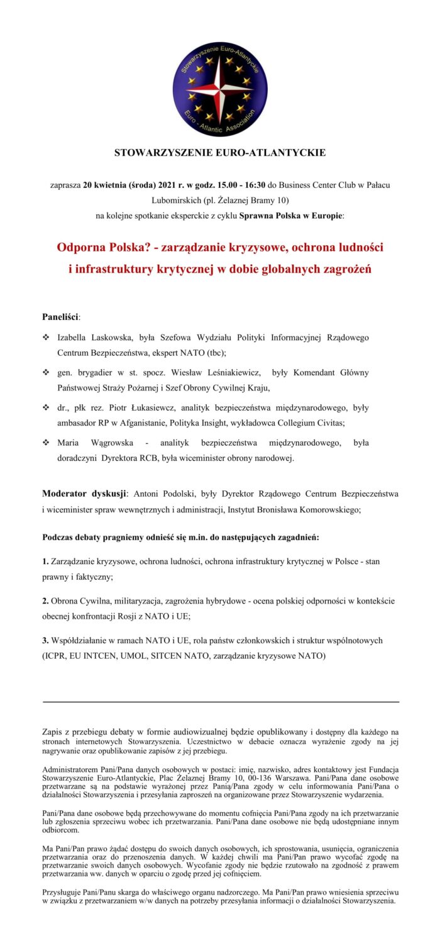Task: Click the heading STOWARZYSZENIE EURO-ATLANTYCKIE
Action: [x=220, y=153]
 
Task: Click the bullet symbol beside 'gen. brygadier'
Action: [x=46, y=373]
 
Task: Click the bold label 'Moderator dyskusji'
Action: [x=84, y=493]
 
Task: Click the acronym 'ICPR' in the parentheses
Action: [x=57, y=656]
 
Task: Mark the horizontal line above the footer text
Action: [x=220, y=701]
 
